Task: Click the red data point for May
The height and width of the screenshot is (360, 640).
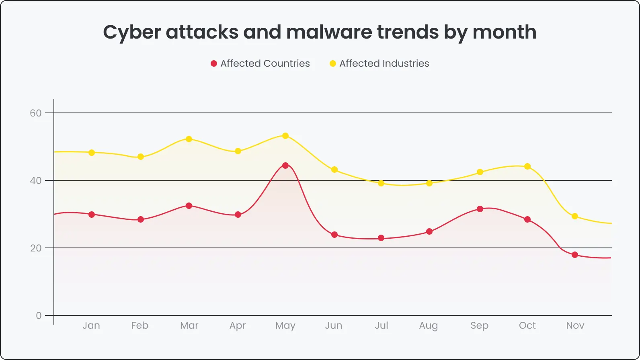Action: coord(285,166)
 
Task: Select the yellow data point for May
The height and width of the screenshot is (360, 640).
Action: coord(285,136)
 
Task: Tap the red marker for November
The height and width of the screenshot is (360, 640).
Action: coord(575,255)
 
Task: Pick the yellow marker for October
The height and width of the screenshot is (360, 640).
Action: coord(527,166)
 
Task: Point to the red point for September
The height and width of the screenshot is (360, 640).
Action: coord(480,209)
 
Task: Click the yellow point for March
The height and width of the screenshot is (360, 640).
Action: coord(189,139)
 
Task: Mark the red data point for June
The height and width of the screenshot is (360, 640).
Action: coord(334,235)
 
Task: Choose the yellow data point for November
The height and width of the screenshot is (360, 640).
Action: coord(575,216)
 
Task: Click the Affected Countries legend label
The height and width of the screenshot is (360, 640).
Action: coord(265,63)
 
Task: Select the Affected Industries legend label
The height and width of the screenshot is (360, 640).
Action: coord(384,63)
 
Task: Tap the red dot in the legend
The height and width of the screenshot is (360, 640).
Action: coord(214,63)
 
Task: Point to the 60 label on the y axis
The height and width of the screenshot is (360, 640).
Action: coord(36,113)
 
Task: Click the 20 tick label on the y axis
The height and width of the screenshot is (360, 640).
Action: coord(36,248)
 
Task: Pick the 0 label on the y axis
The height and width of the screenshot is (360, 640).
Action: coord(39,315)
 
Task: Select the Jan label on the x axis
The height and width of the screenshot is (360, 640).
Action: coord(91,325)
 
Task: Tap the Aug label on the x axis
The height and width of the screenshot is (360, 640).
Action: coord(429,325)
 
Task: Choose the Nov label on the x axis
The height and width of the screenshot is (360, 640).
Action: coord(575,325)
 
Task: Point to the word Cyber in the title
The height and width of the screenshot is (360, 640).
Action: coord(132,32)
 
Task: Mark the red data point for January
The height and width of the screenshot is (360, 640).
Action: coord(92,215)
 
